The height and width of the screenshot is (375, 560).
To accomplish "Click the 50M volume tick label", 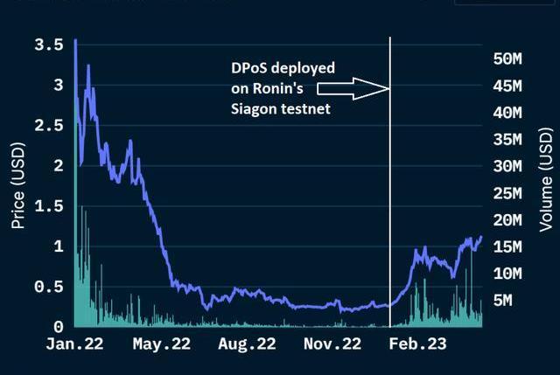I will [507, 59].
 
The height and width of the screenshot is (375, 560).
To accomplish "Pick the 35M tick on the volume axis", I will [507, 139].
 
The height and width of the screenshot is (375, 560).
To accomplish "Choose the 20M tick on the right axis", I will [507, 219].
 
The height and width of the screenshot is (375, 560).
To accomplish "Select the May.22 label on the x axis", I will [162, 344].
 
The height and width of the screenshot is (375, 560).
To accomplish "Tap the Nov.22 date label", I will [332, 344].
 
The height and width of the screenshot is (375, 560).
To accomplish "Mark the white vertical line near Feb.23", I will [389, 175].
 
